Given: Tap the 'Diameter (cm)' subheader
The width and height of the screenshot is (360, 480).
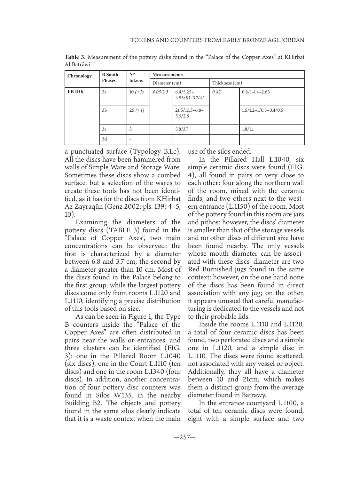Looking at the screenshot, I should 167,83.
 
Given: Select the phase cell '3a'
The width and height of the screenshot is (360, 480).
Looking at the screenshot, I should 104,92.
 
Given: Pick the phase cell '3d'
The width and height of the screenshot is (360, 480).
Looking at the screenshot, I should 104,139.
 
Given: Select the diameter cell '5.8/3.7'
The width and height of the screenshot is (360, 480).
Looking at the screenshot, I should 182,129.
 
